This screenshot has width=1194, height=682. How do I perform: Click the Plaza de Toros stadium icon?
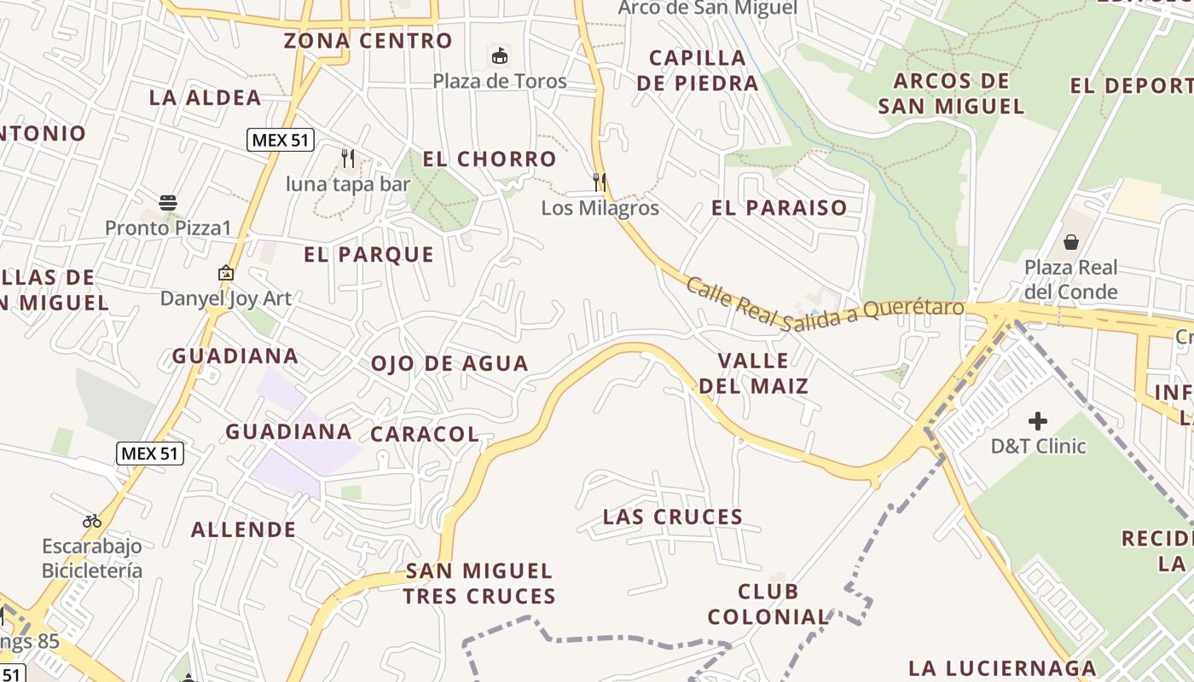pyautogui.click(x=500, y=56)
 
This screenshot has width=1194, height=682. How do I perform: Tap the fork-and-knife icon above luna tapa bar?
pyautogui.click(x=347, y=159)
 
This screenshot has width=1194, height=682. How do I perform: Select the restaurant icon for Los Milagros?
pyautogui.click(x=600, y=182)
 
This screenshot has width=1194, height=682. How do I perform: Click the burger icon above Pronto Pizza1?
pyautogui.click(x=168, y=203)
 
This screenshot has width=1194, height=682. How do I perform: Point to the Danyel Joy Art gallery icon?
pyautogui.click(x=226, y=274)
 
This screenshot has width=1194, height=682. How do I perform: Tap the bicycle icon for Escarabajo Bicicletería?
pyautogui.click(x=92, y=521)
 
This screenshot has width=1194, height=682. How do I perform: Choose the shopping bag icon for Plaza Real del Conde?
pyautogui.click(x=1070, y=242)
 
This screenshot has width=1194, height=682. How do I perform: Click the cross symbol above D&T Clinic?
pyautogui.click(x=1037, y=420)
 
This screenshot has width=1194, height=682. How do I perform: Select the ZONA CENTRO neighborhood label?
pyautogui.click(x=368, y=40)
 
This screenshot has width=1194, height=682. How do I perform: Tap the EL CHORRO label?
pyautogui.click(x=490, y=159)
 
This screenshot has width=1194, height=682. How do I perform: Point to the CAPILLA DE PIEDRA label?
pyautogui.click(x=698, y=71)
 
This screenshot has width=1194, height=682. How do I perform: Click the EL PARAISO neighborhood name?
pyautogui.click(x=780, y=207)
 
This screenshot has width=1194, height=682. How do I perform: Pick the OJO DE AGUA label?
pyautogui.click(x=449, y=363)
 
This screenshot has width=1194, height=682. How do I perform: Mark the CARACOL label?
pyautogui.click(x=425, y=434)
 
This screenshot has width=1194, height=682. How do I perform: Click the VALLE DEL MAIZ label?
pyautogui.click(x=754, y=373)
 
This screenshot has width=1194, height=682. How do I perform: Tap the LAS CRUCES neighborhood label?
pyautogui.click(x=673, y=517)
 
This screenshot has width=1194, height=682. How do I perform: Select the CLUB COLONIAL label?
pyautogui.click(x=768, y=604)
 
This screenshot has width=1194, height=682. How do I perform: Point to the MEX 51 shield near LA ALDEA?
pyautogui.click(x=281, y=140)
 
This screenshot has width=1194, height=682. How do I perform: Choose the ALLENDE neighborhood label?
pyautogui.click(x=244, y=529)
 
